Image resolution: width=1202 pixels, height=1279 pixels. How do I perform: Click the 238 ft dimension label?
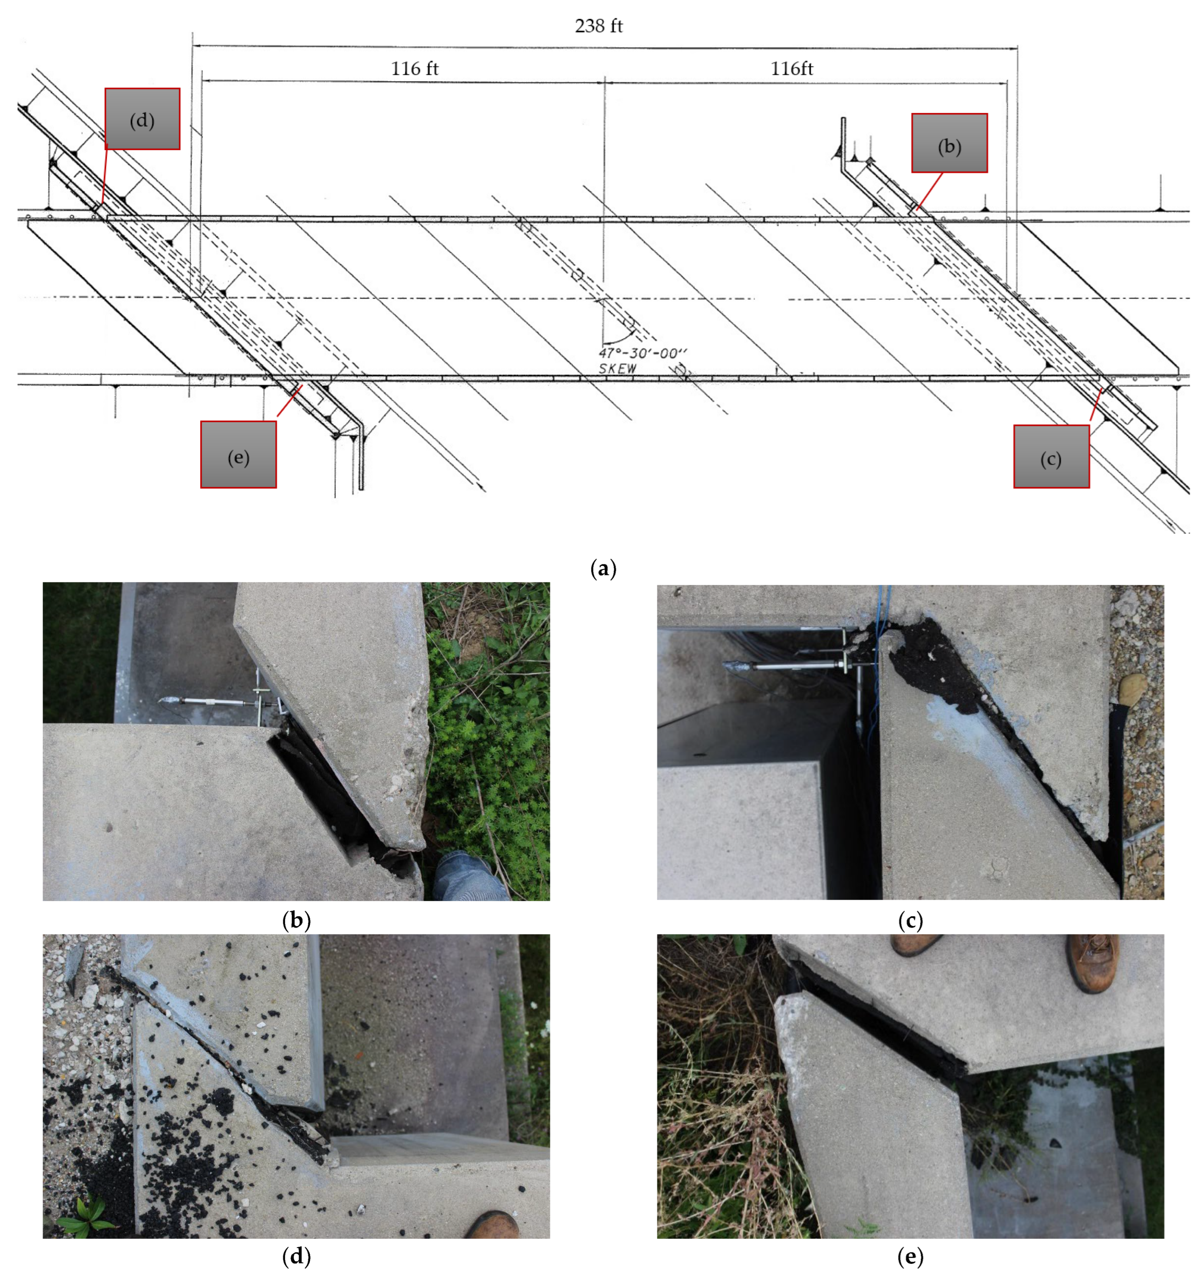598,26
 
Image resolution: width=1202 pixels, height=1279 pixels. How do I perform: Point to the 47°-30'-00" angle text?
642,353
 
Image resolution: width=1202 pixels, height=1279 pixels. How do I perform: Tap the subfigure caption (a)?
603,568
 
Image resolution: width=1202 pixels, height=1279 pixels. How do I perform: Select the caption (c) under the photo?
910,920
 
